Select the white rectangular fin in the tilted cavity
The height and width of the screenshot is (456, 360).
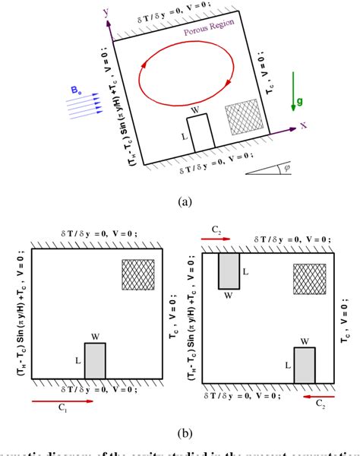point(199,136)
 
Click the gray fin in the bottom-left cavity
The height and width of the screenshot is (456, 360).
point(95,364)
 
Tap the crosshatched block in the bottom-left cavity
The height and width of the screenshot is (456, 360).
point(138,274)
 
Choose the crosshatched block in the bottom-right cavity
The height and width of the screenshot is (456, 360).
point(310,278)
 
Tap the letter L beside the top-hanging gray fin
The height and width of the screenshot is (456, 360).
point(245,271)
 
